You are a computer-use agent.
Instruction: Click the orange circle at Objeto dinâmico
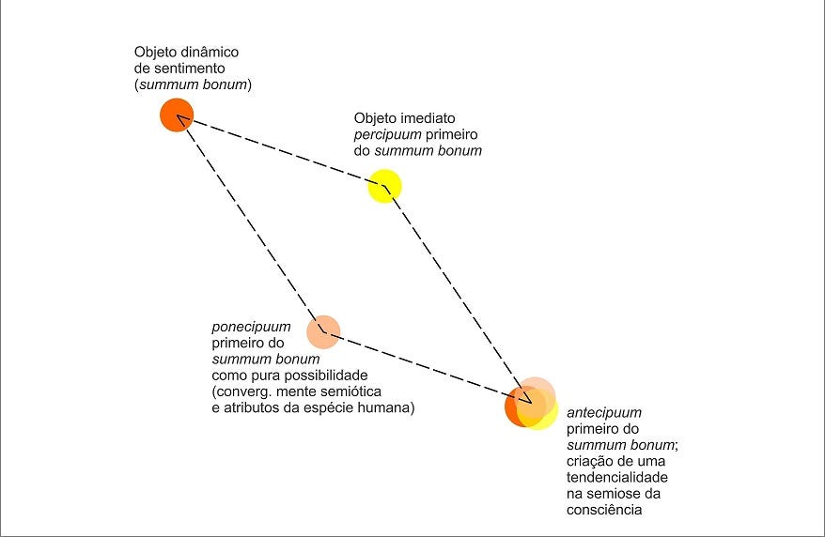pos(176,115)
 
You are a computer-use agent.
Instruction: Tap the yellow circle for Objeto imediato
pos(384,186)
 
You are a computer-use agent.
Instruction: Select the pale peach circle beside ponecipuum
pos(322,330)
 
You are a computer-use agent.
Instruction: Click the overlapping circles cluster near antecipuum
pos(531,405)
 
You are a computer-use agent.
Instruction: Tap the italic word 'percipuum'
pos(385,135)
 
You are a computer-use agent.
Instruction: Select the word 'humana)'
pos(389,407)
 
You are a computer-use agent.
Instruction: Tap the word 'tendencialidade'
pos(616,477)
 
